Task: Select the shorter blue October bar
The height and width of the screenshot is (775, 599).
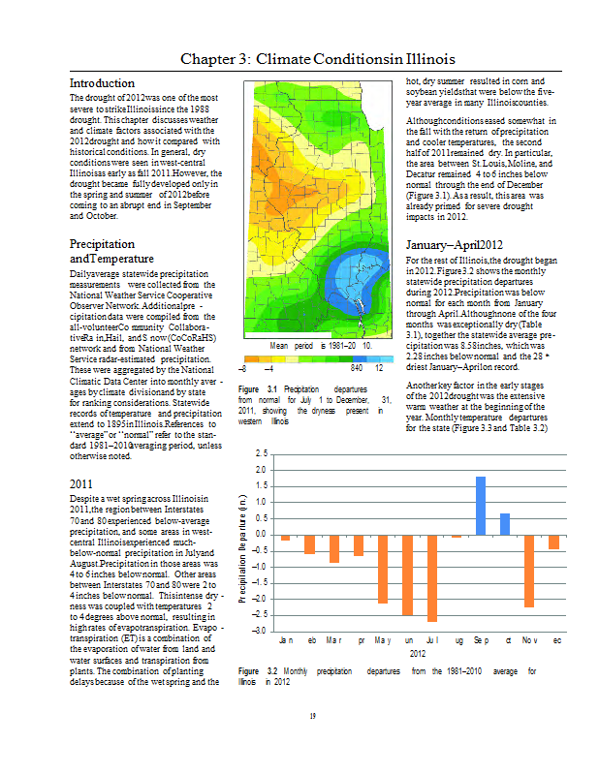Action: click(x=505, y=523)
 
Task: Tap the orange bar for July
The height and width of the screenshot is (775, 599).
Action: click(x=432, y=577)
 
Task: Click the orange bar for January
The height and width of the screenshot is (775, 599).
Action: click(x=285, y=537)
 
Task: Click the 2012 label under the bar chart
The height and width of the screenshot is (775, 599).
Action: click(x=418, y=654)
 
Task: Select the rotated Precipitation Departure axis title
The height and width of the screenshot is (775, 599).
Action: click(x=242, y=542)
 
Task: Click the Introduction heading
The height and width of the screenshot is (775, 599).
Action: click(x=102, y=83)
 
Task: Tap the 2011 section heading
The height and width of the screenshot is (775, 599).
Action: click(x=82, y=483)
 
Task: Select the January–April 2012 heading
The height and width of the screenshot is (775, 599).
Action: click(x=455, y=246)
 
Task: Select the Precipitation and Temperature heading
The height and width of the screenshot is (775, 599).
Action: click(x=111, y=252)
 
